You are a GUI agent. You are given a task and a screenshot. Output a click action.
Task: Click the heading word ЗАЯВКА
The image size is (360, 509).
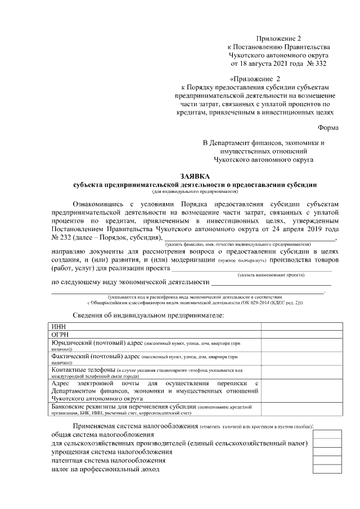click(x=195, y=175)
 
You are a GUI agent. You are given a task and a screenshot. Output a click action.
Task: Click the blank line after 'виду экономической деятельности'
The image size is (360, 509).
click(x=270, y=281)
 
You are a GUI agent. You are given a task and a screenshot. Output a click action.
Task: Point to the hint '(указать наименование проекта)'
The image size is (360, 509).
click(x=271, y=275)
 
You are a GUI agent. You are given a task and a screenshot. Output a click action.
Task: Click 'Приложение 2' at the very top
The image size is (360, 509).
click(x=278, y=38)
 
